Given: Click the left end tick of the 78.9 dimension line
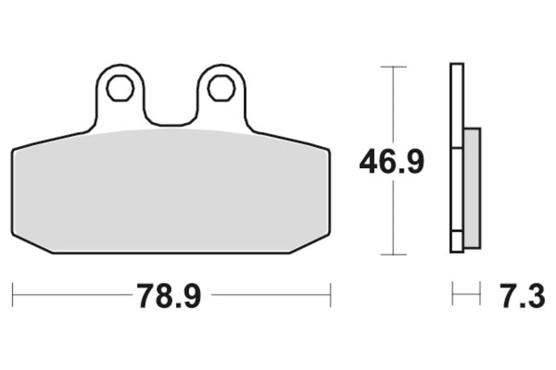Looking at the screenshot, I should point(13,294).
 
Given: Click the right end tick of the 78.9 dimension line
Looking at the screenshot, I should point(330,294).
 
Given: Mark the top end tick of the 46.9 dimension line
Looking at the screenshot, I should point(394,67).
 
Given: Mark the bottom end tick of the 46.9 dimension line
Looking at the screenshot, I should point(394,255).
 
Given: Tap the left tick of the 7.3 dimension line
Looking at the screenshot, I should point(452,294).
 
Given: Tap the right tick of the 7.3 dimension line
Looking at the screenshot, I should point(480,294).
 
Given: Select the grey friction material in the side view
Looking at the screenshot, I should point(471,189).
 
